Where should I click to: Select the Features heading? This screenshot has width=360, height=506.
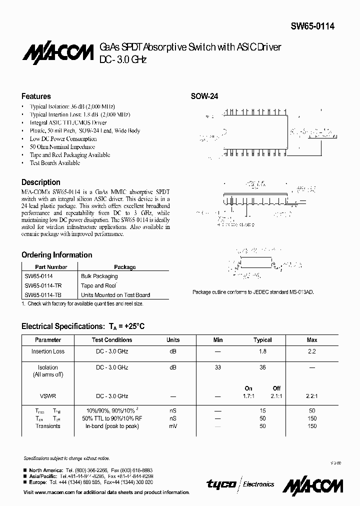[x=36, y=96]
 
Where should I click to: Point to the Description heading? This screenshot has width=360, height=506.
[x=40, y=182]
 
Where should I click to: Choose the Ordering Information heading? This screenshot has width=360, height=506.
[x=56, y=255]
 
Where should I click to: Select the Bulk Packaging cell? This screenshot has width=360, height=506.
[x=99, y=276]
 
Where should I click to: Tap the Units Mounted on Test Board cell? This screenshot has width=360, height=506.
[x=115, y=295]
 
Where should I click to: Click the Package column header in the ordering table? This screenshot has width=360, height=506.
[x=124, y=267]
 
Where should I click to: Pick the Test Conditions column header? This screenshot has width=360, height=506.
[x=111, y=340]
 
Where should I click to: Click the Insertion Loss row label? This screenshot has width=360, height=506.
[x=48, y=351]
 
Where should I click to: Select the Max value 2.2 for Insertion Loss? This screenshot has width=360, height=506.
[x=311, y=351]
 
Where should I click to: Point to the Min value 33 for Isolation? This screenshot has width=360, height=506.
[x=217, y=367]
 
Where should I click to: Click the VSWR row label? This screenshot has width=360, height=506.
[x=48, y=395]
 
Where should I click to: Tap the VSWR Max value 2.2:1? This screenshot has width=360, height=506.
[x=311, y=395]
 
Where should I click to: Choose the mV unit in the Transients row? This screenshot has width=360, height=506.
[x=172, y=426]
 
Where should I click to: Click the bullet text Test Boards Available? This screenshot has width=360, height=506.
[x=54, y=163]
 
